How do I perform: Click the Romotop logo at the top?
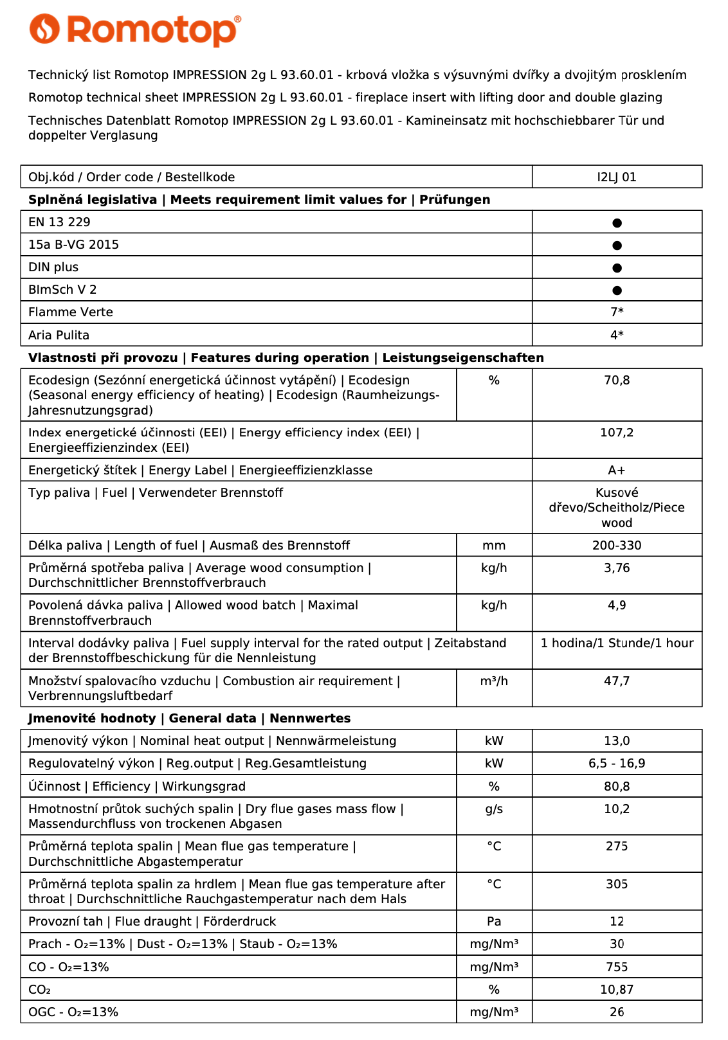coord(135,30)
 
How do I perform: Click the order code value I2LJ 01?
coord(617,177)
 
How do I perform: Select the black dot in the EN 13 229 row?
coord(617,223)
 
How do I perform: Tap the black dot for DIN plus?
coord(617,268)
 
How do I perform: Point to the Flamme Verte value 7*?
coord(617,312)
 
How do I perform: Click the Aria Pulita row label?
coord(59,336)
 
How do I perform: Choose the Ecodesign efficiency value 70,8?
coord(617,381)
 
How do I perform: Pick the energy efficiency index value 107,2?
coord(617,433)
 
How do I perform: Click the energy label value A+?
coord(617,471)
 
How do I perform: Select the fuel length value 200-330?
coord(617,546)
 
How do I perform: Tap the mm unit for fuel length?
coord(494,546)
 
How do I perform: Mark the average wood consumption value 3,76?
coord(617,568)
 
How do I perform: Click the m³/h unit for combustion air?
coord(494,681)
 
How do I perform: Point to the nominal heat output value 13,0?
coord(617,741)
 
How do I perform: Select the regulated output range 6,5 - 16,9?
coord(617,764)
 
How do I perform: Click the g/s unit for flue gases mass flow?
coord(494,809)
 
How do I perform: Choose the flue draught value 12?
coord(617,922)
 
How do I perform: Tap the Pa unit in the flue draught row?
coord(494,922)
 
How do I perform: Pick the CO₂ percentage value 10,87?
coord(617,990)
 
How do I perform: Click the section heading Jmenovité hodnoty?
coord(92,719)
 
